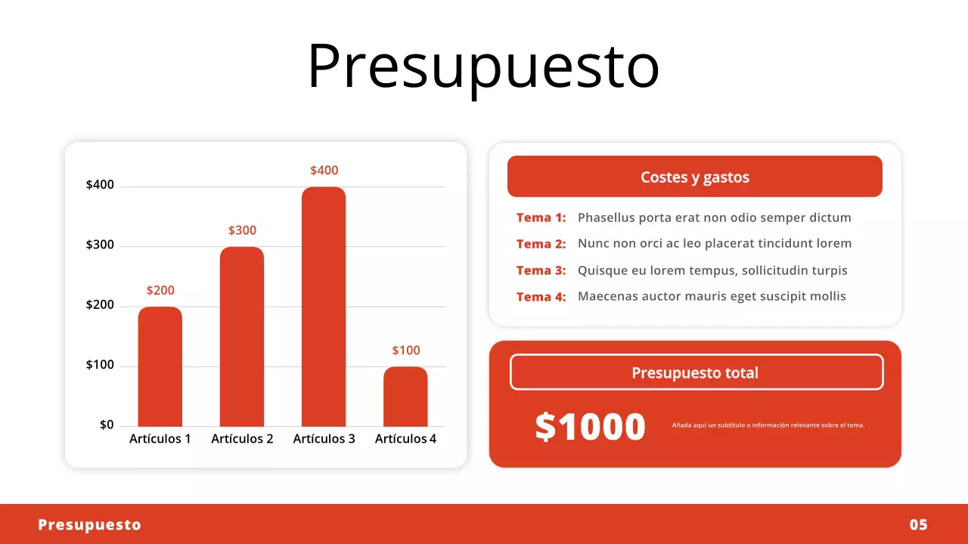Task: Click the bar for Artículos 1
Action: coord(160,366)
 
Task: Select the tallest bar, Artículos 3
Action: coord(324,307)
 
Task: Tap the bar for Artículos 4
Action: coord(405,397)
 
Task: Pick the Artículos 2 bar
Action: coord(242,336)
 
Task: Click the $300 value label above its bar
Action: coord(242,230)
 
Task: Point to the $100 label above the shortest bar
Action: coord(405,351)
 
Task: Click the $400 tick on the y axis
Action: coord(100,185)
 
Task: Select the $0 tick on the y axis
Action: coord(107,425)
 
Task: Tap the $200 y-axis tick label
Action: coord(100,305)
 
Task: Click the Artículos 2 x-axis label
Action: coord(242,439)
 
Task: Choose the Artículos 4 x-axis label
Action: coord(405,439)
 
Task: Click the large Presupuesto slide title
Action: coord(483,66)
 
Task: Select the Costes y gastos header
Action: coord(694,177)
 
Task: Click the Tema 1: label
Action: coord(541,218)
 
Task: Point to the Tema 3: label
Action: coord(541,270)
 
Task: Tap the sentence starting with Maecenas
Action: coord(712,296)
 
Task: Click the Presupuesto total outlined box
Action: coord(696,372)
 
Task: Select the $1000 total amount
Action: coord(590,427)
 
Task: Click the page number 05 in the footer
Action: coord(918,525)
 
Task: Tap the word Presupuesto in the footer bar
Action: coord(89,525)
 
